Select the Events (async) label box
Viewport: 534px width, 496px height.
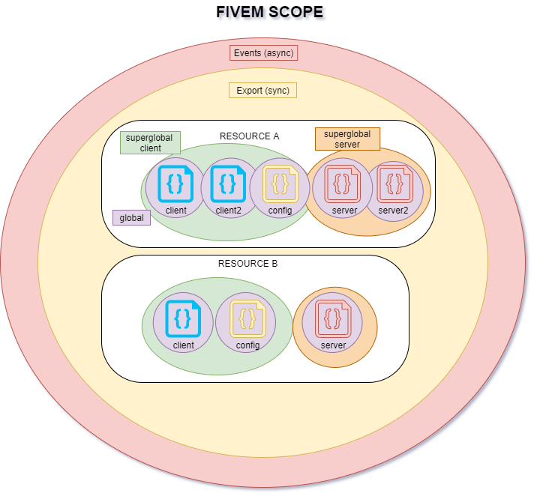(x=263, y=52)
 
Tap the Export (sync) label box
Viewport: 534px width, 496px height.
(x=263, y=91)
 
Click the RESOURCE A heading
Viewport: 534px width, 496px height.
(x=249, y=136)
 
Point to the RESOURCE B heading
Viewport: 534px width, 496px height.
(x=248, y=264)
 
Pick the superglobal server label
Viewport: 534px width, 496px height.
(x=347, y=139)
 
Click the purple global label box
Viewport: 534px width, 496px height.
(x=132, y=218)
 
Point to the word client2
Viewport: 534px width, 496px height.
(x=228, y=211)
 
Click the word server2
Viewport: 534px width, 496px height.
(x=393, y=211)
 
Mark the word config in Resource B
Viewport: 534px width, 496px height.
(x=247, y=345)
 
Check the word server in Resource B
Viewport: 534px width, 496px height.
(x=333, y=345)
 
